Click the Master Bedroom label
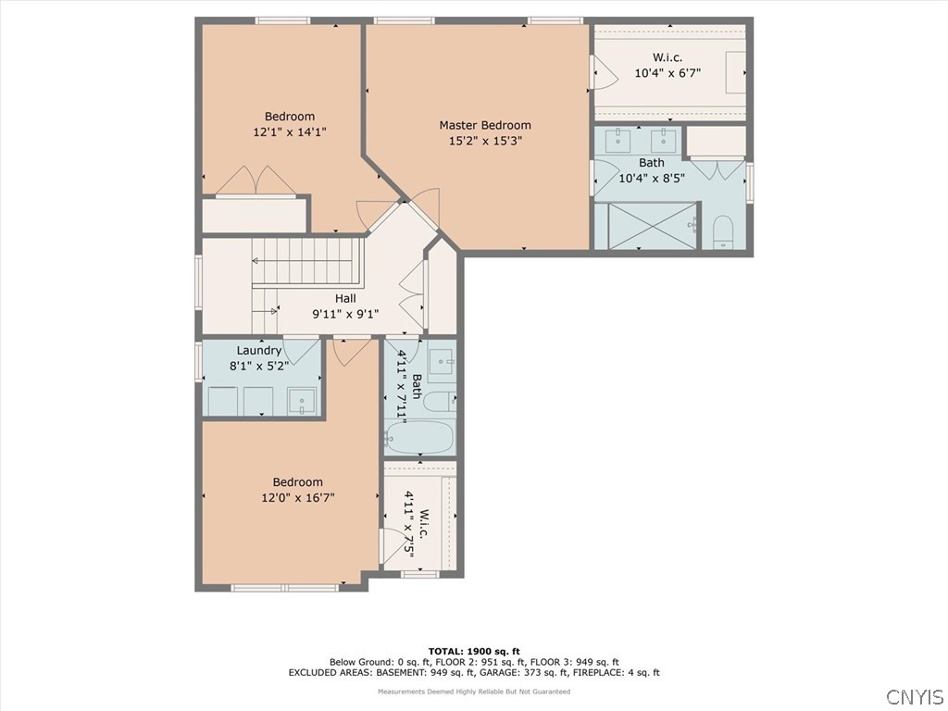click(485, 125)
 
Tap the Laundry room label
click(259, 351)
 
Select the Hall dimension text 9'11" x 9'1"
click(345, 314)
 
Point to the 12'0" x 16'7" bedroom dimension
click(298, 497)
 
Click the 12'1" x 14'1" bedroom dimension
click(290, 131)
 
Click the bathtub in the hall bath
click(420, 438)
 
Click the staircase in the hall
click(308, 275)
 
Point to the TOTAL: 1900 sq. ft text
click(474, 651)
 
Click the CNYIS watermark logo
click(915, 696)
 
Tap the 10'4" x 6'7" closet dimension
click(667, 73)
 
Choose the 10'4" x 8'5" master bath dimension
click(652, 179)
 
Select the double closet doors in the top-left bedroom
click(256, 181)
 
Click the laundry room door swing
click(302, 350)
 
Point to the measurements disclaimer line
click(474, 692)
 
